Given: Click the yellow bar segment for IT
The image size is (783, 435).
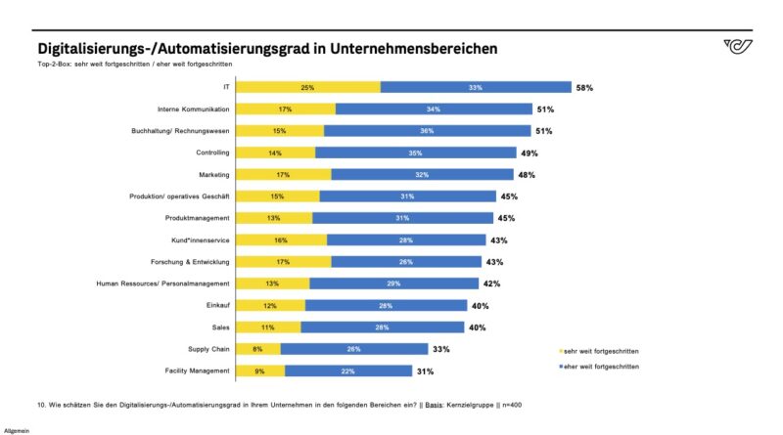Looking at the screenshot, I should click(x=308, y=88).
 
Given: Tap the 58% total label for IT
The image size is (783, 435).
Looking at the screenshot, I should click(x=584, y=88).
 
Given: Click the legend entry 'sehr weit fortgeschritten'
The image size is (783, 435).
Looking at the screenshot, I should click(x=602, y=349).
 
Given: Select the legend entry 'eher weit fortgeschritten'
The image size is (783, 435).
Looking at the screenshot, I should click(x=602, y=366).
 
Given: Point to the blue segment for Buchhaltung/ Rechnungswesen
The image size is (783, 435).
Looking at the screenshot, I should click(x=428, y=131).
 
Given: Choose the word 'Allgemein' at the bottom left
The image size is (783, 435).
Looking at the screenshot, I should click(x=17, y=430).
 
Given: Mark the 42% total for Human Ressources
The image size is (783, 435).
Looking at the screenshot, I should click(x=491, y=283).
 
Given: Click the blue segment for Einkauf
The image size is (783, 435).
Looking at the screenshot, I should click(x=386, y=306).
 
